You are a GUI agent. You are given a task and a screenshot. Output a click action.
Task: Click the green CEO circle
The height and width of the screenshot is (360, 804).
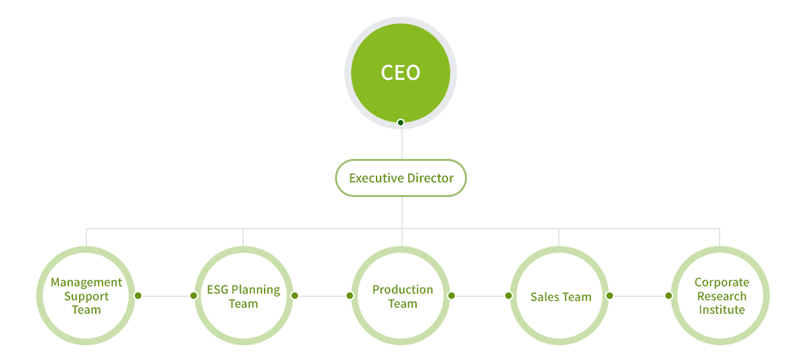(x=401, y=72)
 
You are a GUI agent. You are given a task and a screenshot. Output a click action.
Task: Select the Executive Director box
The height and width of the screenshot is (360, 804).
(x=401, y=178)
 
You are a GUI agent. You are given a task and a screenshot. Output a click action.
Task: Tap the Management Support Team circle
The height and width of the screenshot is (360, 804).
(x=86, y=296)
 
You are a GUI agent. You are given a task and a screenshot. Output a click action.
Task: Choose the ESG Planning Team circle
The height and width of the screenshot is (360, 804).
(x=243, y=296)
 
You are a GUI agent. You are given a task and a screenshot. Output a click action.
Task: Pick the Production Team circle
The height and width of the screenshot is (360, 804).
(x=402, y=296)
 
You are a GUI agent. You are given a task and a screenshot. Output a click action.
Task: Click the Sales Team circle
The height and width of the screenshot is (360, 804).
(x=560, y=296)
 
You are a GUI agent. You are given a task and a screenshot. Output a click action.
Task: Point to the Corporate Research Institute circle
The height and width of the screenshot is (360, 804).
(x=721, y=296)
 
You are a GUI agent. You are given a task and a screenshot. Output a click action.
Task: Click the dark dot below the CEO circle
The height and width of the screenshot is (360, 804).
(x=401, y=123)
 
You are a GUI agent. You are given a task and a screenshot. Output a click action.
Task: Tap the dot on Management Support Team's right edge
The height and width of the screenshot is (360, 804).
(x=138, y=296)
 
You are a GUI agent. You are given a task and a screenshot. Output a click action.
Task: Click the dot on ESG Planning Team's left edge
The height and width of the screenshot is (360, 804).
(x=194, y=296)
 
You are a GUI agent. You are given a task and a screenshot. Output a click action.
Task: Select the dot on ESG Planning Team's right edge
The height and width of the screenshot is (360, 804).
(x=295, y=296)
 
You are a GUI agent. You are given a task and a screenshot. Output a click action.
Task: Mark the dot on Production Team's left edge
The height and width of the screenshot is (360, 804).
(x=350, y=296)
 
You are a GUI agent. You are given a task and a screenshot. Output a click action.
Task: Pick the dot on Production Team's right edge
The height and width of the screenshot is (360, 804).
(x=452, y=296)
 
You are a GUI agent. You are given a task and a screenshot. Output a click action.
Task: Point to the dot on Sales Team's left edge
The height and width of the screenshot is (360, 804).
(x=509, y=296)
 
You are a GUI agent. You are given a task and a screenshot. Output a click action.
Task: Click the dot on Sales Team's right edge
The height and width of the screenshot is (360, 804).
(x=610, y=296)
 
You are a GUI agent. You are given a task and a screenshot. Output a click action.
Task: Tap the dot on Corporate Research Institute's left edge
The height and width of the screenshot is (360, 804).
(x=669, y=296)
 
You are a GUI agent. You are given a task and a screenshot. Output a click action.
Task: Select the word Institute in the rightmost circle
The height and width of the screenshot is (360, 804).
(x=722, y=310)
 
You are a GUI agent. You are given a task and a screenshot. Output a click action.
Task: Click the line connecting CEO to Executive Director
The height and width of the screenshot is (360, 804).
(x=401, y=142)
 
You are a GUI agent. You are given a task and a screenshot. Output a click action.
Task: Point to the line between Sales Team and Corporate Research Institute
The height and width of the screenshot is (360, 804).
(x=639, y=296)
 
